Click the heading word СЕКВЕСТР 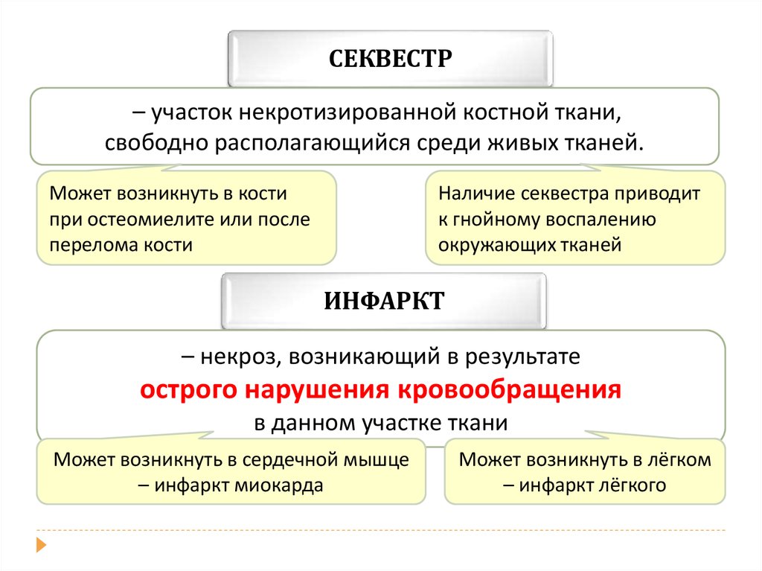(390, 59)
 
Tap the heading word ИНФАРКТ (384, 301)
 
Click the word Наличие (476, 194)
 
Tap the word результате (522, 357)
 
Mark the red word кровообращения (509, 390)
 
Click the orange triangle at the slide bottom (42, 544)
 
